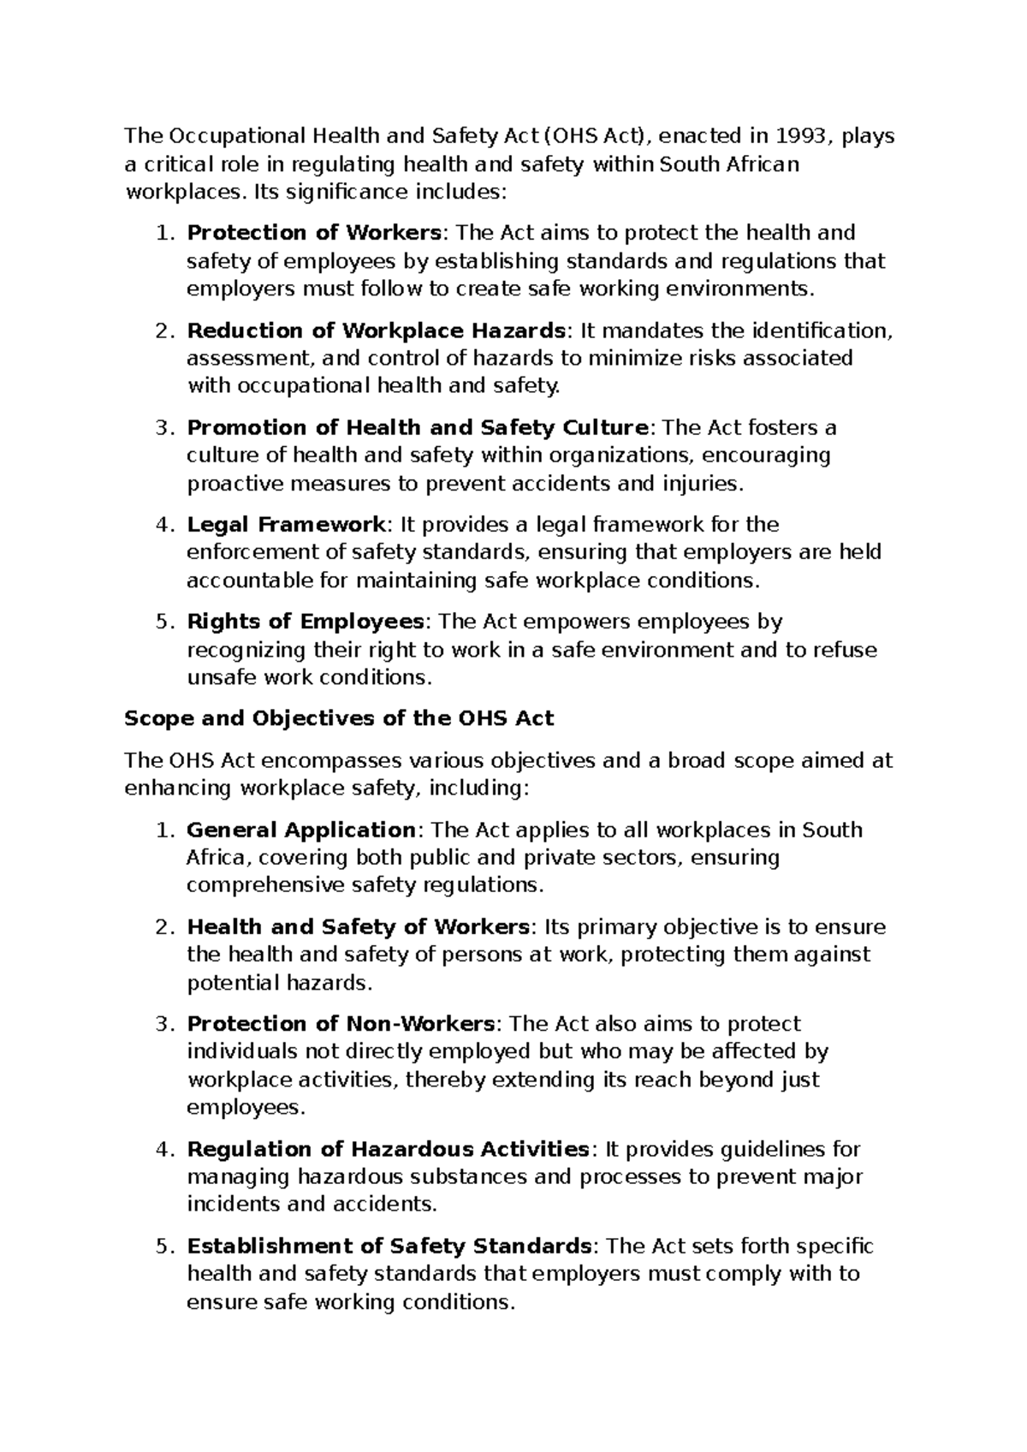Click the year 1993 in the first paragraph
click(x=801, y=135)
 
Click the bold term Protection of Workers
click(x=314, y=233)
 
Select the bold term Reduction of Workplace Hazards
click(x=376, y=330)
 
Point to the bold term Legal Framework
click(x=286, y=524)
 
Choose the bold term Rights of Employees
click(x=306, y=621)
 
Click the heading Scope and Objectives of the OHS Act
click(x=339, y=718)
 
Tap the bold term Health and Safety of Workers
click(x=359, y=926)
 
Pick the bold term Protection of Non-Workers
click(x=341, y=1024)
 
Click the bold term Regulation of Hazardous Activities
click(x=388, y=1149)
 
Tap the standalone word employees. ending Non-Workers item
click(x=246, y=1108)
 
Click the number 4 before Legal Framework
click(x=164, y=524)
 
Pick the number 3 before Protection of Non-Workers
click(x=164, y=1024)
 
